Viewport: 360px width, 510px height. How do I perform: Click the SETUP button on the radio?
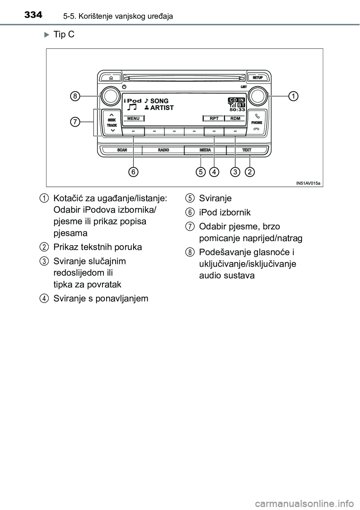257,78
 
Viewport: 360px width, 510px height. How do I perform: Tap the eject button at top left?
111,78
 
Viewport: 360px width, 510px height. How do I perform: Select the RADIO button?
163,150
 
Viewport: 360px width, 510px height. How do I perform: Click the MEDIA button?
205,150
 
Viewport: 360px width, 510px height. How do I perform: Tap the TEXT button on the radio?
247,150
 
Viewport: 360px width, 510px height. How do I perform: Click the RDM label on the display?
235,118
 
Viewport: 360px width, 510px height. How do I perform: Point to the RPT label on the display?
214,118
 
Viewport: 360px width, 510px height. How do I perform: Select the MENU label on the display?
133,118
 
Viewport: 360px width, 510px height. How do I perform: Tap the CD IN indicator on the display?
236,99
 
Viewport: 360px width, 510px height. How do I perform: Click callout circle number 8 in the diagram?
75,96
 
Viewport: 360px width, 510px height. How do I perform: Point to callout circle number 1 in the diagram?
293,96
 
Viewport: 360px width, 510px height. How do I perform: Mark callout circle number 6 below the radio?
133,172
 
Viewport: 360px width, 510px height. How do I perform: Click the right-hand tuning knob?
258,96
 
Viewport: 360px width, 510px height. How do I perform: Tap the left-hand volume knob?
110,96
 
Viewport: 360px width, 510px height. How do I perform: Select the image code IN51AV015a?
308,183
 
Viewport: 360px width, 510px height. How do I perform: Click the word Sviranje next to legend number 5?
215,198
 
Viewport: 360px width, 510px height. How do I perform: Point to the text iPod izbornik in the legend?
225,212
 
